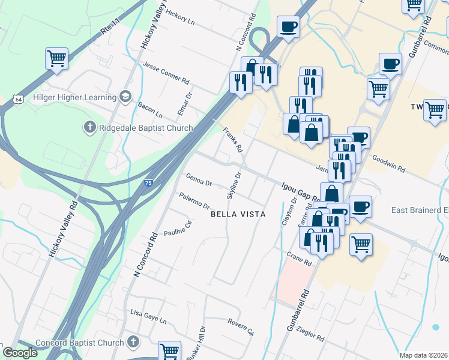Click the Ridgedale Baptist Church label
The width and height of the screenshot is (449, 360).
coord(146,128)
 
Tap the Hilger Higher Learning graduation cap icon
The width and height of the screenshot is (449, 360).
coord(125,97)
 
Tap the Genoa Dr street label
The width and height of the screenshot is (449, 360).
coord(199,179)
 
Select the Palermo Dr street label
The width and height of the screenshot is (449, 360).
coord(194,200)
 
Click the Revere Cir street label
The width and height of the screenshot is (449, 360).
coord(241,326)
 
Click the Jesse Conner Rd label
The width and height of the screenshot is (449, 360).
coord(166,71)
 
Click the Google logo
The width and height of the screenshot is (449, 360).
coord(20,353)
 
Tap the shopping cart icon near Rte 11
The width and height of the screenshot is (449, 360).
coord(56,59)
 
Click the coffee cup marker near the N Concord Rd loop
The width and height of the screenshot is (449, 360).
coord(288,27)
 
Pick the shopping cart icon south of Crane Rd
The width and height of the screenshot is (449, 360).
coord(361,244)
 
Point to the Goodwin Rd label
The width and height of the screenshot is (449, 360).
coord(389,164)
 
